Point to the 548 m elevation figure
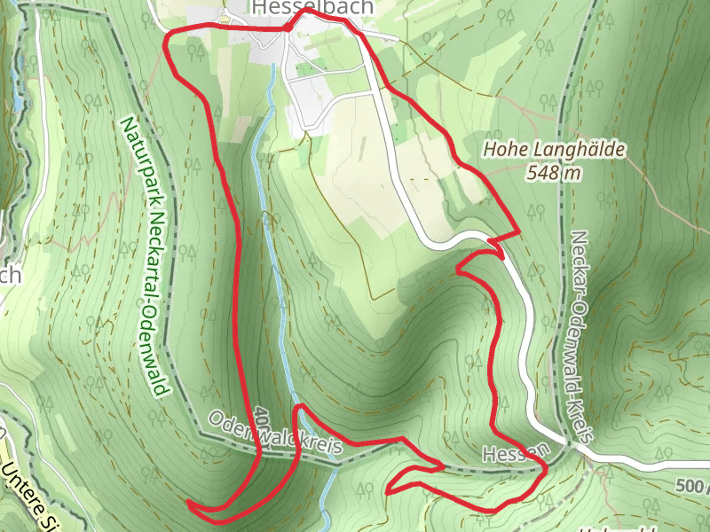click(554, 172)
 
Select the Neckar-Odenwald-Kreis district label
click(580, 337)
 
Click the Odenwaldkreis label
click(275, 434)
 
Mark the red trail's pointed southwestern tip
click(189, 504)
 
